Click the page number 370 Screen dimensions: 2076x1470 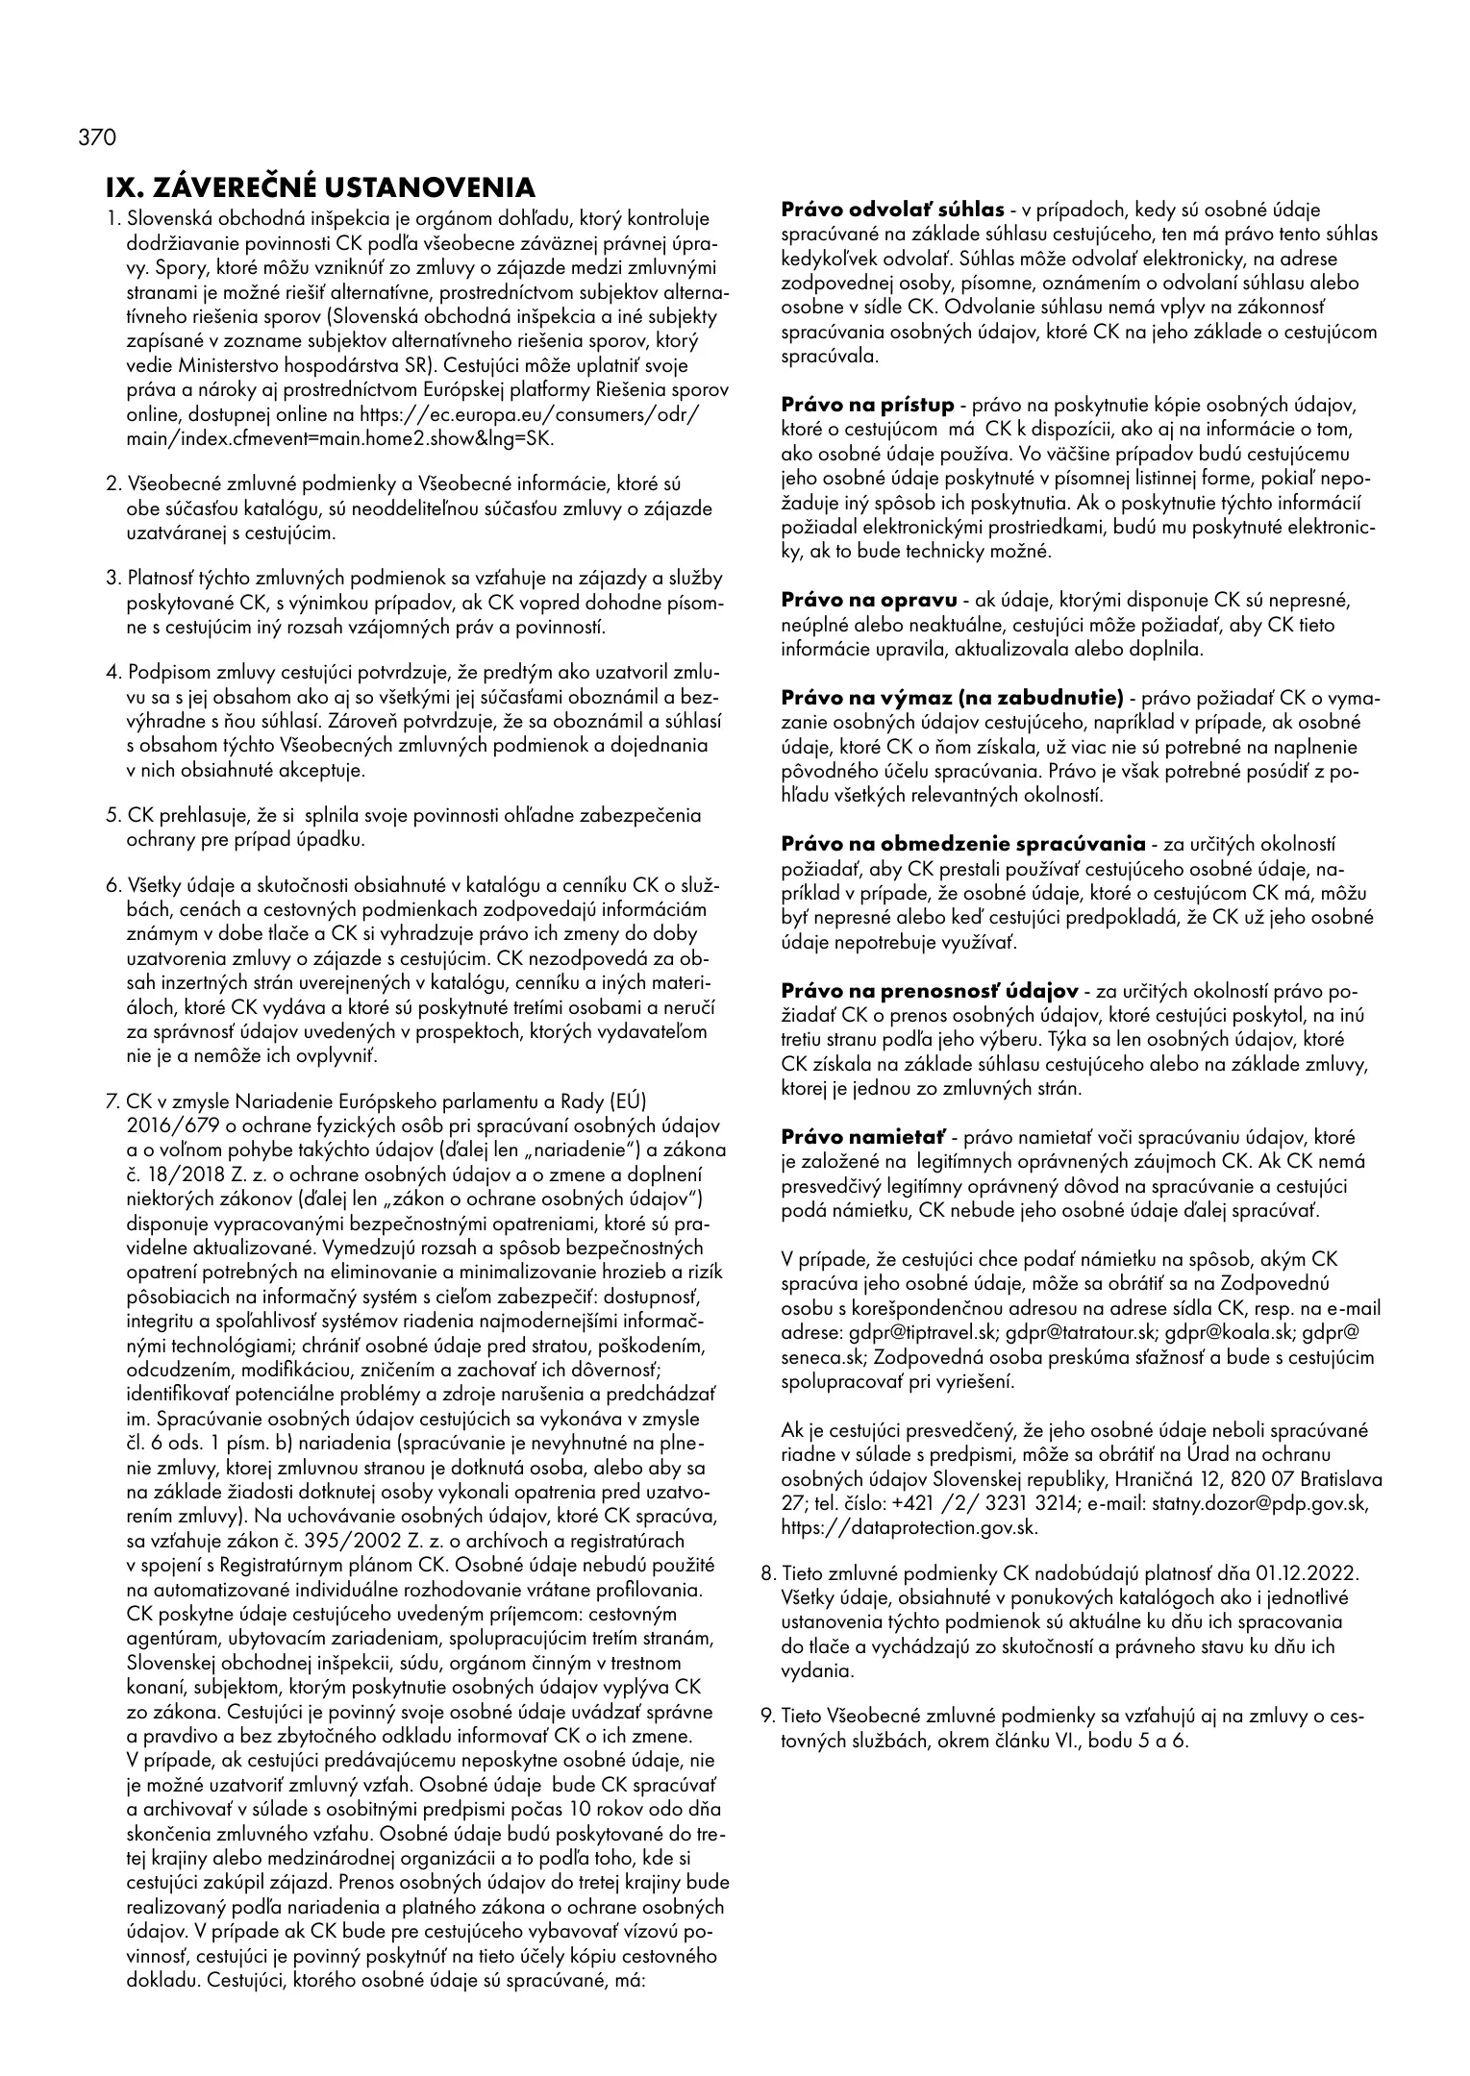click(x=96, y=137)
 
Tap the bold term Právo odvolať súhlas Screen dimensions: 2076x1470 click(x=891, y=210)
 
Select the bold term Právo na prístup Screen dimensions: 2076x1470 click(x=867, y=405)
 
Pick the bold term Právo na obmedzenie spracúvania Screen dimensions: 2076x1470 click(x=963, y=845)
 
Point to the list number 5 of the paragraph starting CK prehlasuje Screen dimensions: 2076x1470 click(x=112, y=816)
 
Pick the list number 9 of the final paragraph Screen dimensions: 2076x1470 click(x=766, y=1716)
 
